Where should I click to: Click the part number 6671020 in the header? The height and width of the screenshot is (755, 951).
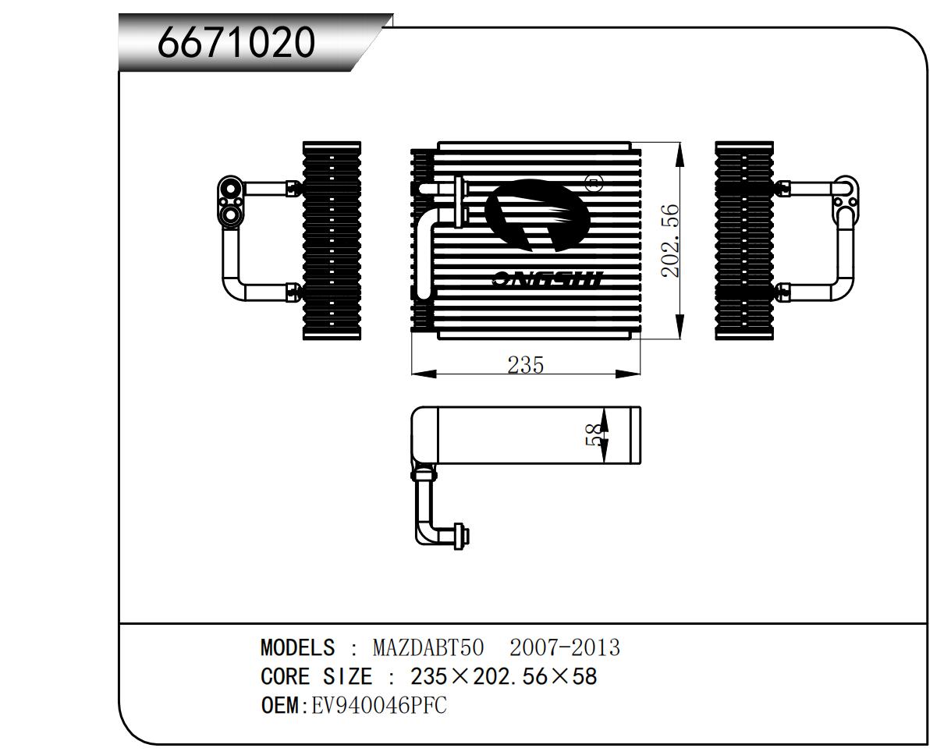click(x=236, y=42)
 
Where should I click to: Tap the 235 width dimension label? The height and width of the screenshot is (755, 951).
click(x=525, y=363)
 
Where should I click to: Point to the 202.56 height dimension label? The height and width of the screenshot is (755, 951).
click(x=670, y=241)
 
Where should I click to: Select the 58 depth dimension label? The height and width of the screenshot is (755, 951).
click(x=594, y=434)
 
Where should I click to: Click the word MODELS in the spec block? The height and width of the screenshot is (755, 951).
click(x=297, y=647)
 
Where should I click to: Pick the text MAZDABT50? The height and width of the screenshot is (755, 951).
click(x=428, y=647)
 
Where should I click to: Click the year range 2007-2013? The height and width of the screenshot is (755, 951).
click(x=564, y=647)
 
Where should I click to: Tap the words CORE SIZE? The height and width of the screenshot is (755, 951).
click(x=316, y=676)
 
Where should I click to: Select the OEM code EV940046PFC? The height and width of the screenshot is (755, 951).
click(x=379, y=706)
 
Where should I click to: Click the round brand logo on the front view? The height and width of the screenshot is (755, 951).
click(x=538, y=215)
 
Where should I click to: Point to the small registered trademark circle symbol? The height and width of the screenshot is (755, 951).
click(x=594, y=184)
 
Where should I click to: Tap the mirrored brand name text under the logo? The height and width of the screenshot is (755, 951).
click(x=548, y=278)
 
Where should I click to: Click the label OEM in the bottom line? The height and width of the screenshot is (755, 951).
click(x=279, y=706)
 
